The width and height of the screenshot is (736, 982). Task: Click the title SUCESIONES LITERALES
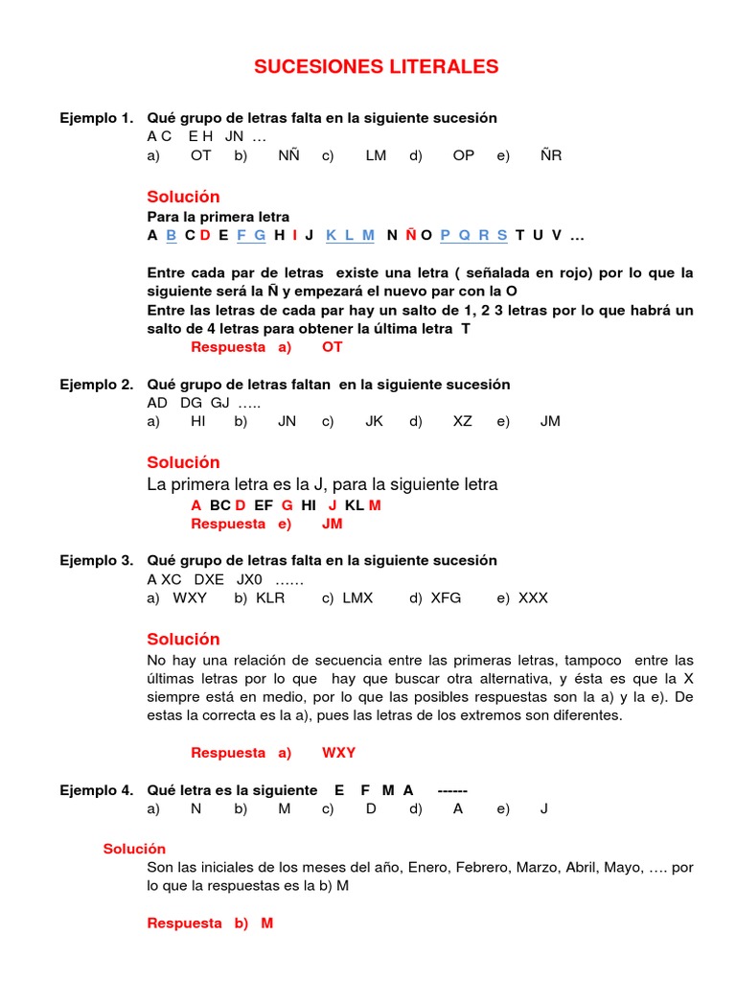tap(376, 66)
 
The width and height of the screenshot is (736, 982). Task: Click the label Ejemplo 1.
tap(96, 118)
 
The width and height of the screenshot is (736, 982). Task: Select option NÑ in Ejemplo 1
tap(288, 155)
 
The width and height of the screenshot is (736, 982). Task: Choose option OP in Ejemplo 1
tap(463, 155)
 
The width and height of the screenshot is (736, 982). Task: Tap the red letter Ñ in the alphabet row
tap(410, 235)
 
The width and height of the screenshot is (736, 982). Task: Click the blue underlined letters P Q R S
tap(473, 235)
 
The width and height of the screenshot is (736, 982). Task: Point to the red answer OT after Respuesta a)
tap(332, 347)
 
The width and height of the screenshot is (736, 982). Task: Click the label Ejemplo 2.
tap(96, 385)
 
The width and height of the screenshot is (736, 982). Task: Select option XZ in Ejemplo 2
tap(462, 421)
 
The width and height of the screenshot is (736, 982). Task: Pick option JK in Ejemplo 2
tap(374, 421)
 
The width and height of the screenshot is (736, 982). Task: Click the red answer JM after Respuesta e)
tap(332, 524)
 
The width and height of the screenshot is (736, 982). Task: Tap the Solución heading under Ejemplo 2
tap(183, 462)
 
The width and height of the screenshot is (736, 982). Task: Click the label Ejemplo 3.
tap(96, 560)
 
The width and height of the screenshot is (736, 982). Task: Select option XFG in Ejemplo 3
tap(446, 597)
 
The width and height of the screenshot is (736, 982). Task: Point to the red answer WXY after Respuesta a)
tap(338, 753)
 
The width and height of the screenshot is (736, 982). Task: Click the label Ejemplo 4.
tap(96, 790)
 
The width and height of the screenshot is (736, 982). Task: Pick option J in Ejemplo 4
tap(544, 808)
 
